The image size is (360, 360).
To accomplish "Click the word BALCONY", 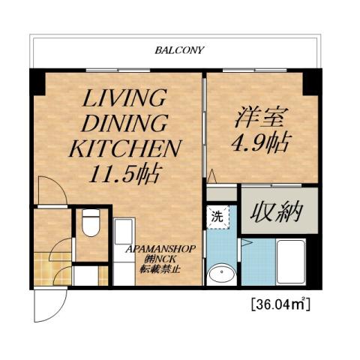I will click(179, 50).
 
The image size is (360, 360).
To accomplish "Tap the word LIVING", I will click(124, 98).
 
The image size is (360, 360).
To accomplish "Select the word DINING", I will click(124, 123).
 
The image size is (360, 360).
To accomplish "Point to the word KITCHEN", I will click(124, 148).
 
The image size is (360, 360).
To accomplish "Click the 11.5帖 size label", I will click(124, 175).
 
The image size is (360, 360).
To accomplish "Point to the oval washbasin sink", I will click(220, 275).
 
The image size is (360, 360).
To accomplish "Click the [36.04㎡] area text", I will click(280, 305).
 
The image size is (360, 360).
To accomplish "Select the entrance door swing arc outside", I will click(45, 304).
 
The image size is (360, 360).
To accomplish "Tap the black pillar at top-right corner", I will click(312, 82).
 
